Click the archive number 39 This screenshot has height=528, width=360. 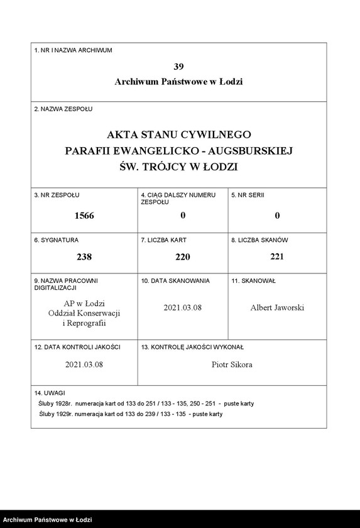pyautogui.click(x=178, y=66)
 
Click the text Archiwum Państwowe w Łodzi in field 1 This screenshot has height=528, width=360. pyautogui.click(x=178, y=82)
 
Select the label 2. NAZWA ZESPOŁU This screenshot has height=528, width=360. pyautogui.click(x=63, y=109)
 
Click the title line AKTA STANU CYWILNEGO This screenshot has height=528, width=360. pyautogui.click(x=178, y=135)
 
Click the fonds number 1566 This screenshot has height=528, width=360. pyautogui.click(x=84, y=216)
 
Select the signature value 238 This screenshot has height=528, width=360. pyautogui.click(x=84, y=256)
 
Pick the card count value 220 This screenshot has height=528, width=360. pyautogui.click(x=182, y=256)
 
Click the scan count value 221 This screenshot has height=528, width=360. pyautogui.click(x=277, y=256)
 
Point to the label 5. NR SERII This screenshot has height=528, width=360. pyautogui.click(x=248, y=195)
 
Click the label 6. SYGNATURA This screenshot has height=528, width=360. pyautogui.click(x=57, y=240)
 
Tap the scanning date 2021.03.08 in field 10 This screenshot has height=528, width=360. pyautogui.click(x=182, y=307)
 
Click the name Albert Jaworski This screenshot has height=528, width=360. pyautogui.click(x=277, y=307)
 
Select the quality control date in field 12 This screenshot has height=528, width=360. pyautogui.click(x=84, y=364)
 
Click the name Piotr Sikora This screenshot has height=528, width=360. pyautogui.click(x=232, y=364)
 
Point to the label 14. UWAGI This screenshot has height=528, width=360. pyautogui.click(x=50, y=392)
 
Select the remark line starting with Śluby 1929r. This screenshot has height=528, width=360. pyautogui.click(x=130, y=414)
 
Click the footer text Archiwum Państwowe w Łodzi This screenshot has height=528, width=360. pyautogui.click(x=47, y=520)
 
